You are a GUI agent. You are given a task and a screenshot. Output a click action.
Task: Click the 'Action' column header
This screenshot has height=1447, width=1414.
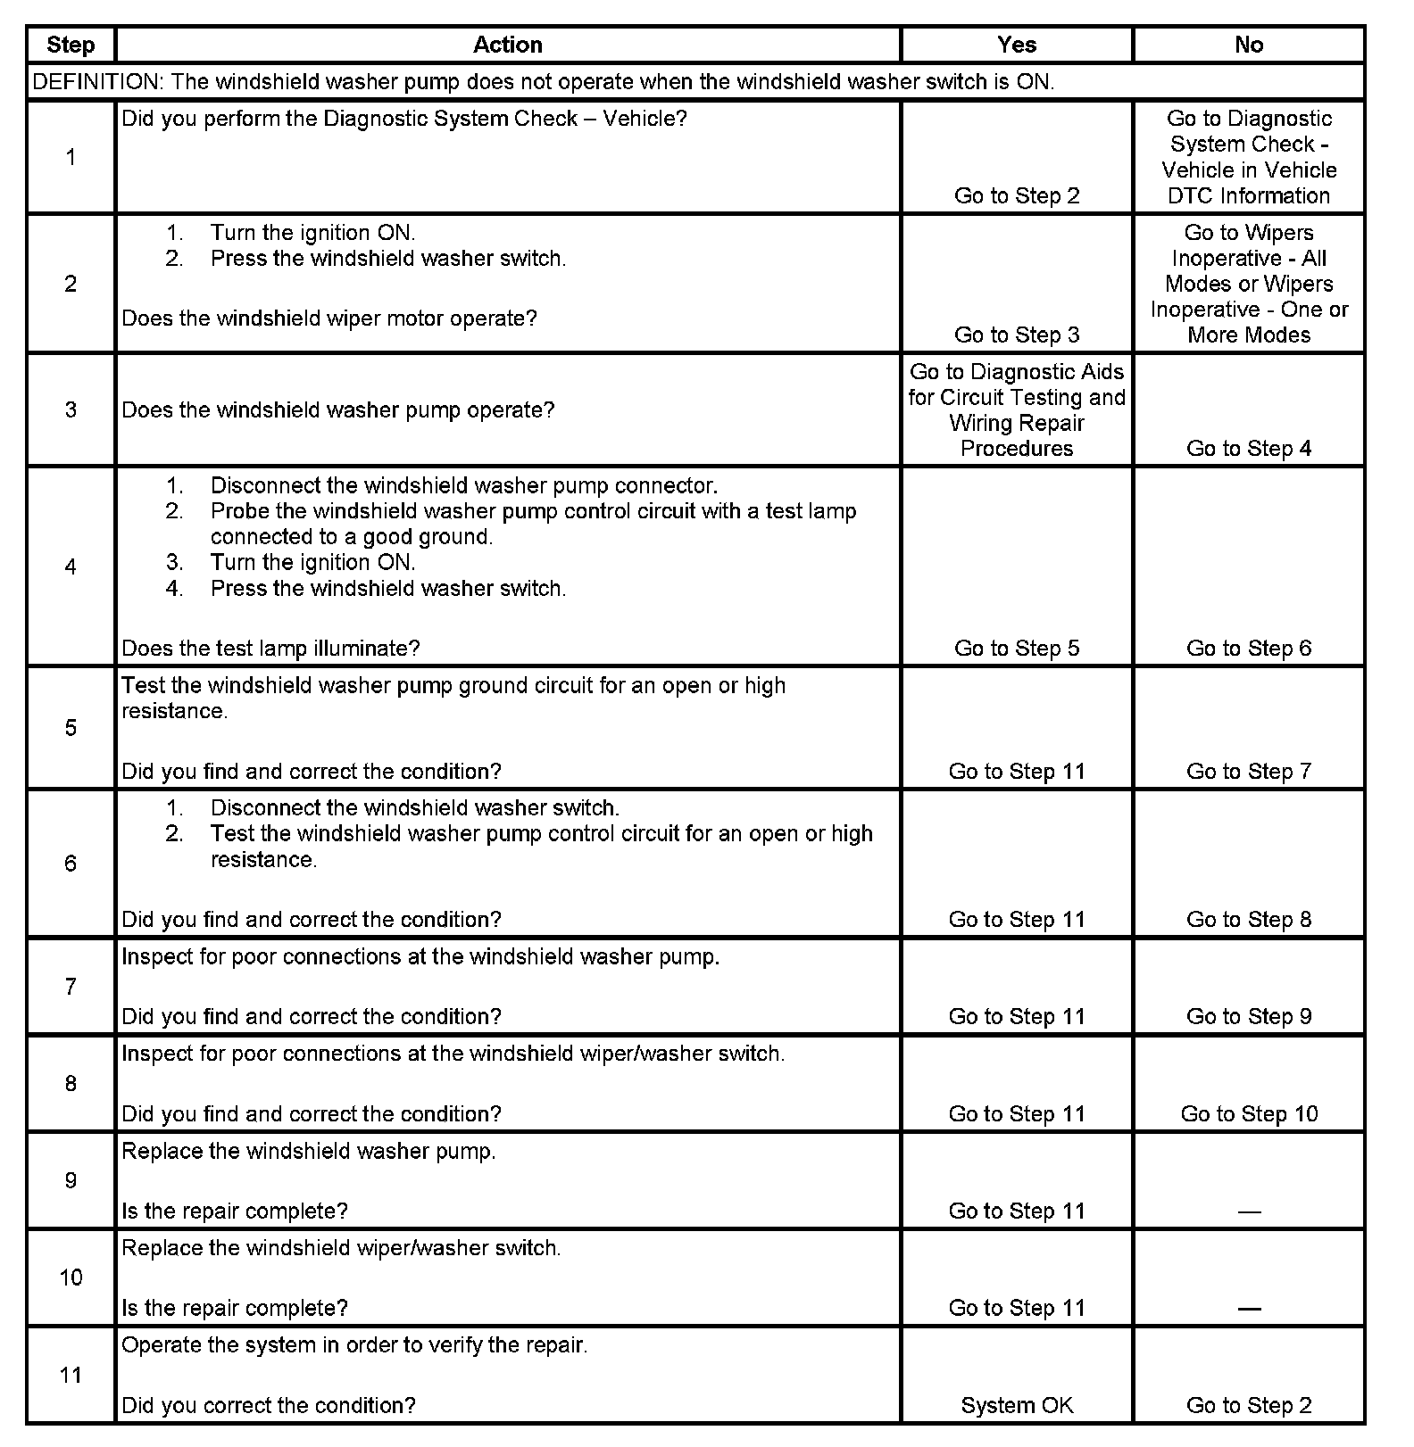point(507,45)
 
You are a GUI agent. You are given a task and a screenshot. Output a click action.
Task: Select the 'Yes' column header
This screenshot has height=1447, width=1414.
point(1016,45)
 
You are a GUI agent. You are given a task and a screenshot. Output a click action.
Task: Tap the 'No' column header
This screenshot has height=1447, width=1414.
point(1248,45)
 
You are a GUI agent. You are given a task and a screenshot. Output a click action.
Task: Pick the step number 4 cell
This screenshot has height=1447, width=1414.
point(71,566)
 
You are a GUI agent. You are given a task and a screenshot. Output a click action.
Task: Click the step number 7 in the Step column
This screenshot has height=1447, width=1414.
point(71,987)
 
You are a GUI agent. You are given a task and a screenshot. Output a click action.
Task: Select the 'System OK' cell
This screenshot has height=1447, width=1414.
point(1017,1405)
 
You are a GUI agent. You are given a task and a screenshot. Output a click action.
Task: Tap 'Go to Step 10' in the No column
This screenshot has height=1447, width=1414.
point(1249,1113)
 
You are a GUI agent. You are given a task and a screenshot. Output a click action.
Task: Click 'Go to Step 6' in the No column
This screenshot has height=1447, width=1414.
point(1249,649)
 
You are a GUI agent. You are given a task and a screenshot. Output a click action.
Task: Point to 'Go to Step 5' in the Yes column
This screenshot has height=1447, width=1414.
point(1017,649)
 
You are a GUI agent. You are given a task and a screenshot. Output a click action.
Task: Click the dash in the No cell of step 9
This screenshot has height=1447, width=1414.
point(1249,1211)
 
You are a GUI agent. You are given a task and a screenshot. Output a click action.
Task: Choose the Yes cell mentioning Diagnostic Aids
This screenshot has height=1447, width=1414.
point(1017,409)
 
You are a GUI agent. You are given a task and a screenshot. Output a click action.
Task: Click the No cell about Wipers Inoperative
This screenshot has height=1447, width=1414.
point(1249,284)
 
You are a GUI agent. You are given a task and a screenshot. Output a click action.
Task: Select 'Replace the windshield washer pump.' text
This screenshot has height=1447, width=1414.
point(308,1151)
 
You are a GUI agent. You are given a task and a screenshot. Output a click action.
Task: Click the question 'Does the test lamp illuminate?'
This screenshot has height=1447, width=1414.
point(270,649)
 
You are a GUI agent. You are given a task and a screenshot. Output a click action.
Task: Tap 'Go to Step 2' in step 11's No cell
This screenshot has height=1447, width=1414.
point(1249,1405)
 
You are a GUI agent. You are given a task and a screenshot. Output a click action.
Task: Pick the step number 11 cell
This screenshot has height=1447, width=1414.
point(71,1375)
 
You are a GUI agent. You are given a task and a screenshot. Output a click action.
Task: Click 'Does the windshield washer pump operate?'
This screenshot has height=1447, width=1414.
point(337,410)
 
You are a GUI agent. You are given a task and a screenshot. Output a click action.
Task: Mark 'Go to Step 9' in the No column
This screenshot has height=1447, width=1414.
point(1249,1017)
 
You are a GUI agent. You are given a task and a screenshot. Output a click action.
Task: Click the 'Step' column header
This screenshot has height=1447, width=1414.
point(71,45)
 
